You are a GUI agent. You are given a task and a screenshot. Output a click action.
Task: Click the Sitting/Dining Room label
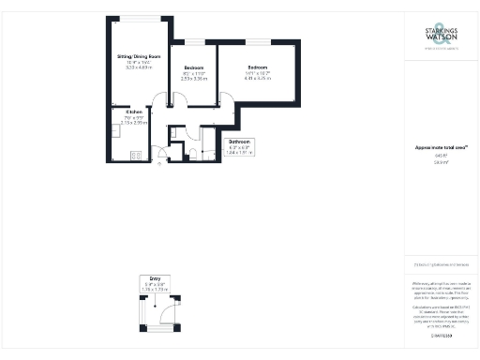point(139,57)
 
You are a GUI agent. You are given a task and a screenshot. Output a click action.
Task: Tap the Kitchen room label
point(134,111)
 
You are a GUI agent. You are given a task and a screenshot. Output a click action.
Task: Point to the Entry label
point(155,278)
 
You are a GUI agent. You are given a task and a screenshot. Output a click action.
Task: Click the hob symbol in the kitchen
point(135,155)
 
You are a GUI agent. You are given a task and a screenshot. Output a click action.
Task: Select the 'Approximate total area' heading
point(441,147)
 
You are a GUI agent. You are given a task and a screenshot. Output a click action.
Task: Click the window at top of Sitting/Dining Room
point(139,19)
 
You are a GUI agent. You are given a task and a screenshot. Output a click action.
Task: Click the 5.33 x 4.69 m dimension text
point(139,67)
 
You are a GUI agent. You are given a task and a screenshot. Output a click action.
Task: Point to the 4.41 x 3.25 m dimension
point(258,79)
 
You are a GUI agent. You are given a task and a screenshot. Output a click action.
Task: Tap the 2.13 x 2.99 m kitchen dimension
point(134,122)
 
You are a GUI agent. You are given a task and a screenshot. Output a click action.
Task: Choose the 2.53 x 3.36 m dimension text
point(195,79)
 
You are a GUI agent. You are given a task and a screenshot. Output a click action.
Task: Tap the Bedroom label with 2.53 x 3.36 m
point(195,67)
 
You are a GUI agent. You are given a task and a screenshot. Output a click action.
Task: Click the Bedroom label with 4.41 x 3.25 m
point(258,67)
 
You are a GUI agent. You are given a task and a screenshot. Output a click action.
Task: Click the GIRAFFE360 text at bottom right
point(441,335)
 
